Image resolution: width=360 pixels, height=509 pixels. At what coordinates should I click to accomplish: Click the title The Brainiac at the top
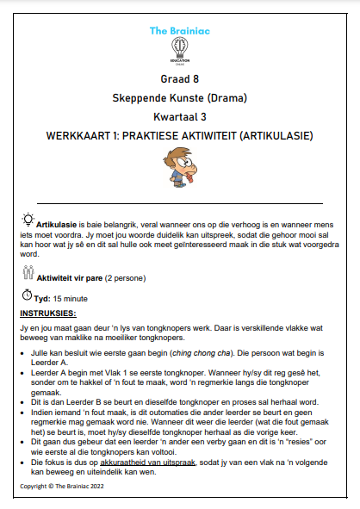click(179, 30)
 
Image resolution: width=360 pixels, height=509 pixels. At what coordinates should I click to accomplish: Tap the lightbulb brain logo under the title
click(180, 49)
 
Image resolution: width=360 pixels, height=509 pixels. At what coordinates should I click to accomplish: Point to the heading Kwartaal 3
click(179, 117)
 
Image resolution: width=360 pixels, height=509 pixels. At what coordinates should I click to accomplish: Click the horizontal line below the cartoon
click(179, 202)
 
